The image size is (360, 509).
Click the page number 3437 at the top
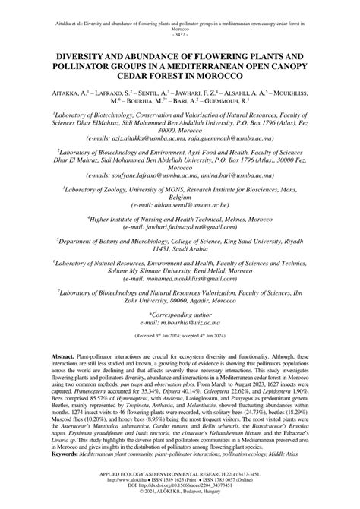pyautogui.click(x=180, y=35)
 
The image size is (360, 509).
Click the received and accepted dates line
pyautogui.click(x=180, y=354)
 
